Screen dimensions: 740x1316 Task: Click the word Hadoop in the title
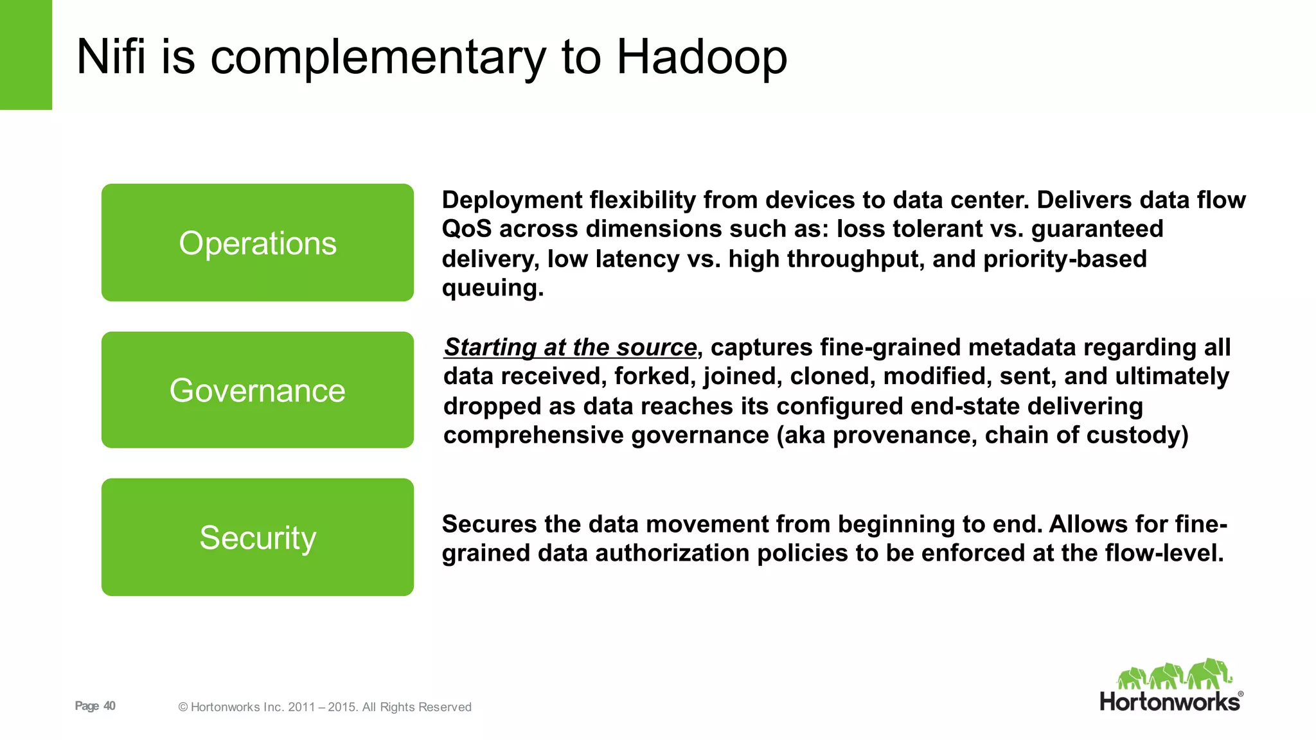point(702,57)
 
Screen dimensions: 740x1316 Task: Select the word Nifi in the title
point(111,57)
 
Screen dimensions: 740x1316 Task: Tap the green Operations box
point(257,243)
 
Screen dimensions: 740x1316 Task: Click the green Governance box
point(257,390)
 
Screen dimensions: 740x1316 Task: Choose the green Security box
point(257,537)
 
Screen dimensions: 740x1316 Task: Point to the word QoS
point(467,229)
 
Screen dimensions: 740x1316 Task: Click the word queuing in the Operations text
point(491,288)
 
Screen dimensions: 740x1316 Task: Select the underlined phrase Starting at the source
point(571,348)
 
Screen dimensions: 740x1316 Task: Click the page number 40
point(110,706)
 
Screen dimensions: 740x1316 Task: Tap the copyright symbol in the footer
point(183,707)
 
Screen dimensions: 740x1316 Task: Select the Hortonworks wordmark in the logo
point(1170,701)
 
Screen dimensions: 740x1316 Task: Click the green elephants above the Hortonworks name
point(1174,674)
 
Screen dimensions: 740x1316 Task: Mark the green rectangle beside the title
point(26,55)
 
